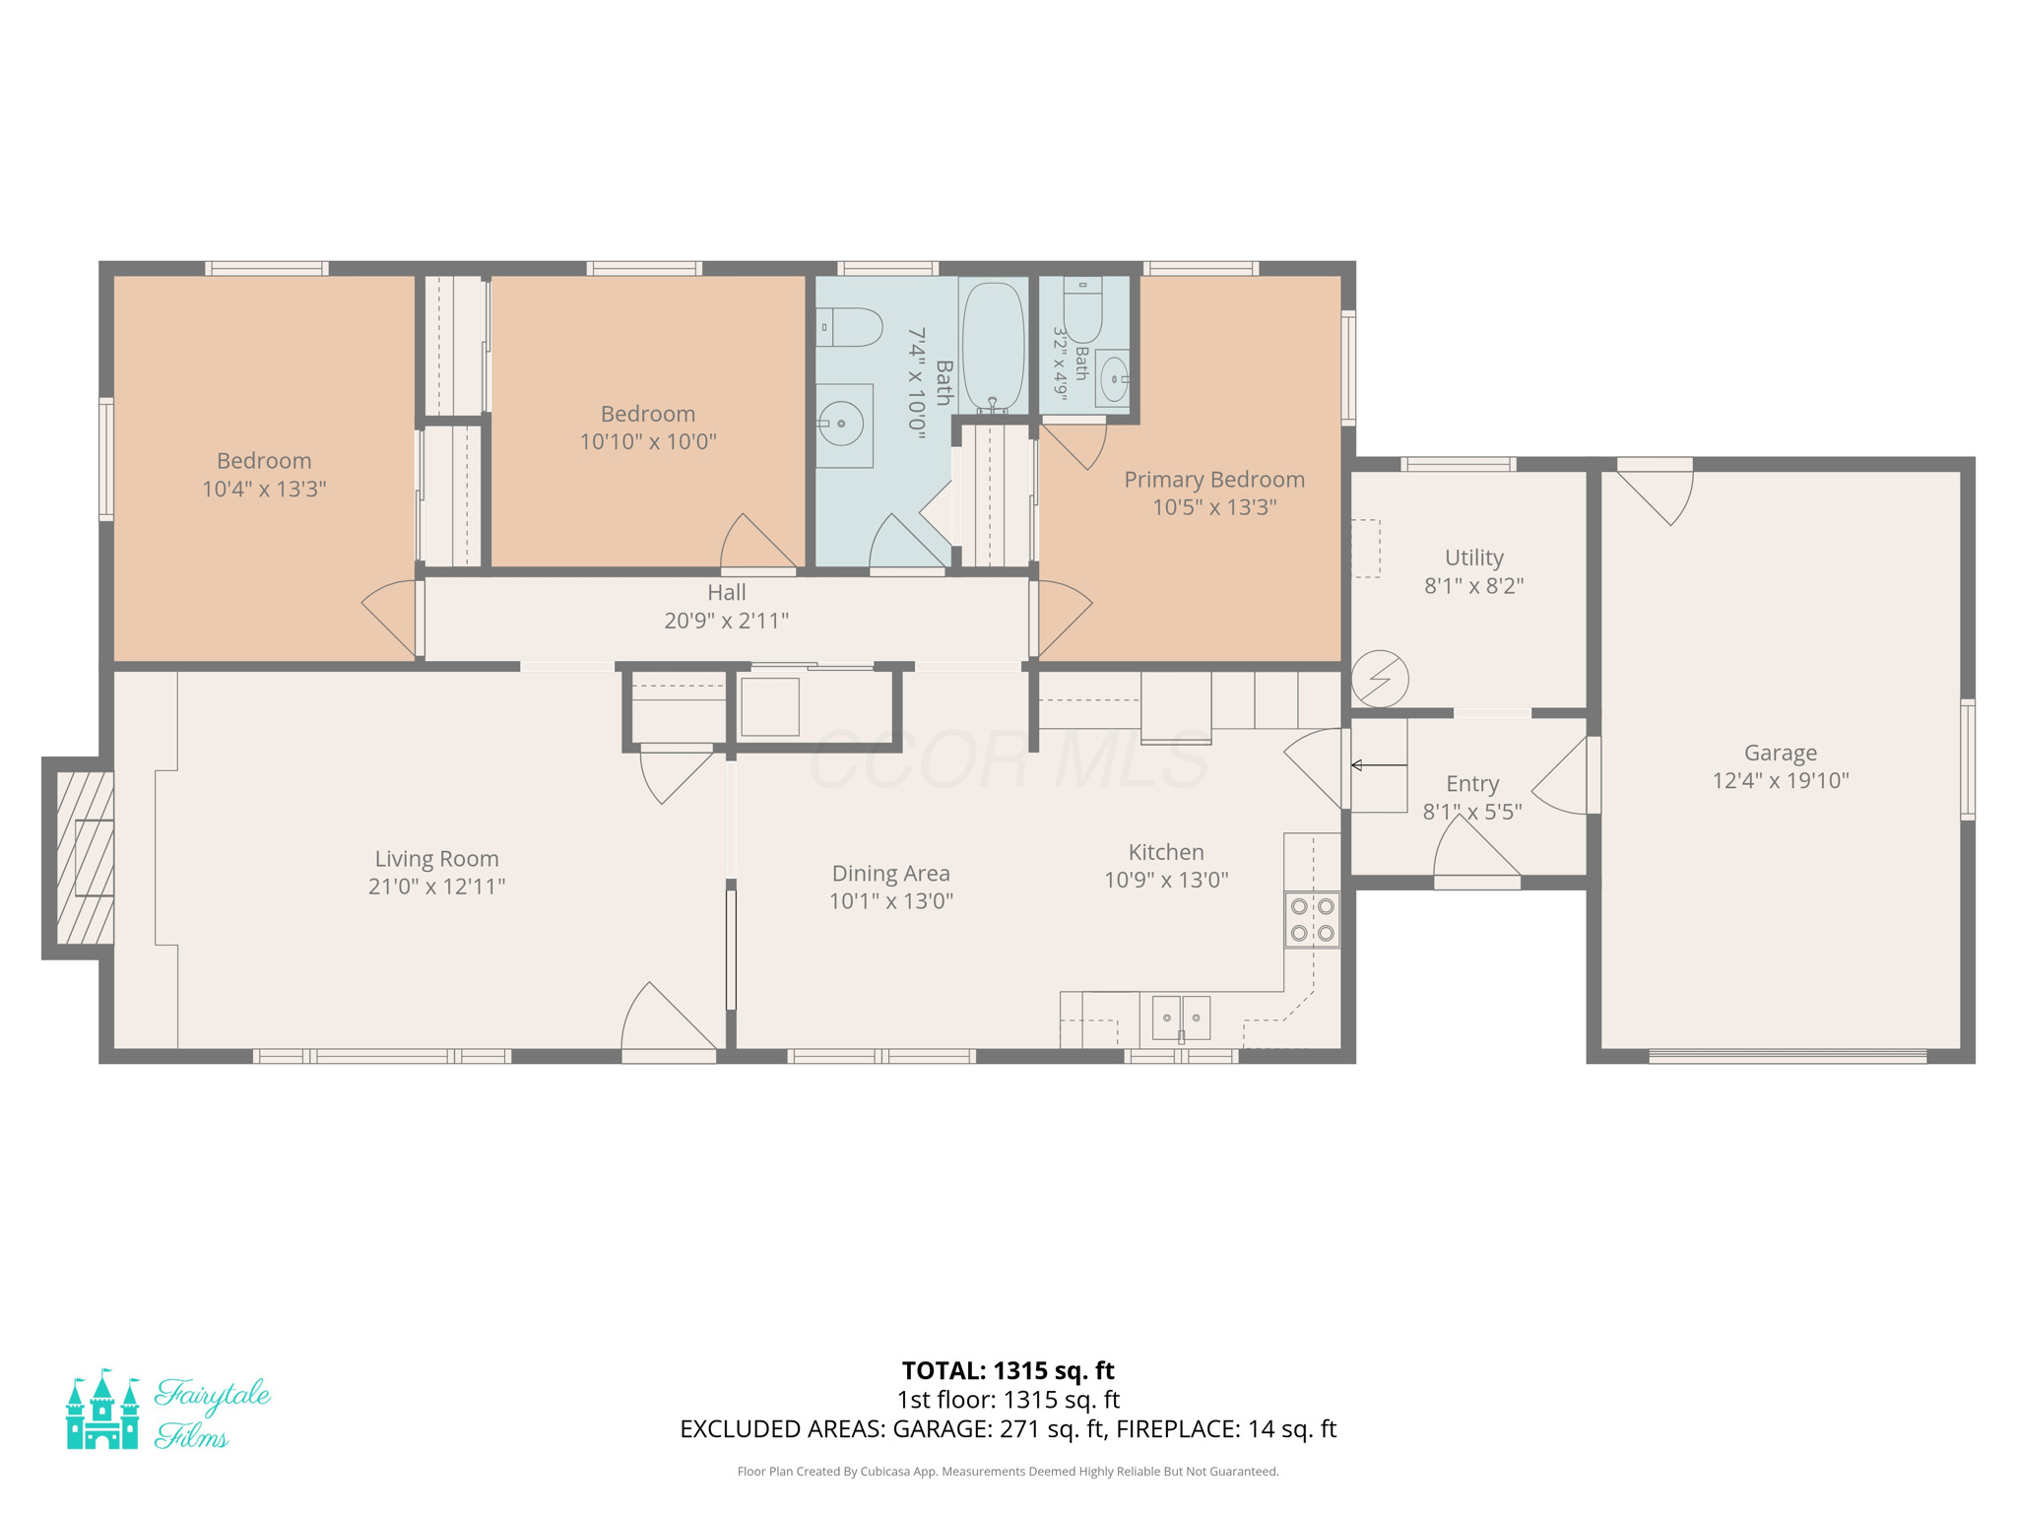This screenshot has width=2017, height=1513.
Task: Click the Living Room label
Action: point(436,859)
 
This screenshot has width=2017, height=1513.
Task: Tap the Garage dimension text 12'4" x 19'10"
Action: point(1781,781)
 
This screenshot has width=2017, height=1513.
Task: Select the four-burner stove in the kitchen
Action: point(1312,919)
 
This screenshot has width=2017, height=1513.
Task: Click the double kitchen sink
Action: point(1181,1018)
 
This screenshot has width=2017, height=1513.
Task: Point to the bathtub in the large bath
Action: point(994,346)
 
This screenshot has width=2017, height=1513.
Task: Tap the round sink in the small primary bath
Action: point(1114,377)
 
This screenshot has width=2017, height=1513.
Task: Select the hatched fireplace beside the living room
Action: point(86,858)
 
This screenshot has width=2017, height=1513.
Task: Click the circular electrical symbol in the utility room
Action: point(1380,679)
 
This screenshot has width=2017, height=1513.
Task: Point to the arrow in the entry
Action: point(1379,765)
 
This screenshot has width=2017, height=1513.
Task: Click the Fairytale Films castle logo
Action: point(102,1409)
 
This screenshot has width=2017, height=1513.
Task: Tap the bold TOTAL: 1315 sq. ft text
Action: point(1008,1370)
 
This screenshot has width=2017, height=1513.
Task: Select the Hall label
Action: point(727,592)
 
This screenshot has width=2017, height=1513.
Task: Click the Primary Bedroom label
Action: point(1214,480)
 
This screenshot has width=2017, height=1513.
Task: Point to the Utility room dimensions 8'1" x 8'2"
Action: point(1474,586)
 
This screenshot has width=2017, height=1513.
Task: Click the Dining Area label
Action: point(891,874)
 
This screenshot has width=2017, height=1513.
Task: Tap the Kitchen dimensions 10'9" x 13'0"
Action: point(1166,880)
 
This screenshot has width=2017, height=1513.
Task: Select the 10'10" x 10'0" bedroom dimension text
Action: point(648,441)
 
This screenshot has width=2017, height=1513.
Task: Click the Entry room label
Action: point(1472,784)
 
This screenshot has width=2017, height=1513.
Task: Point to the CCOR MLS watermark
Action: point(1008,759)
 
